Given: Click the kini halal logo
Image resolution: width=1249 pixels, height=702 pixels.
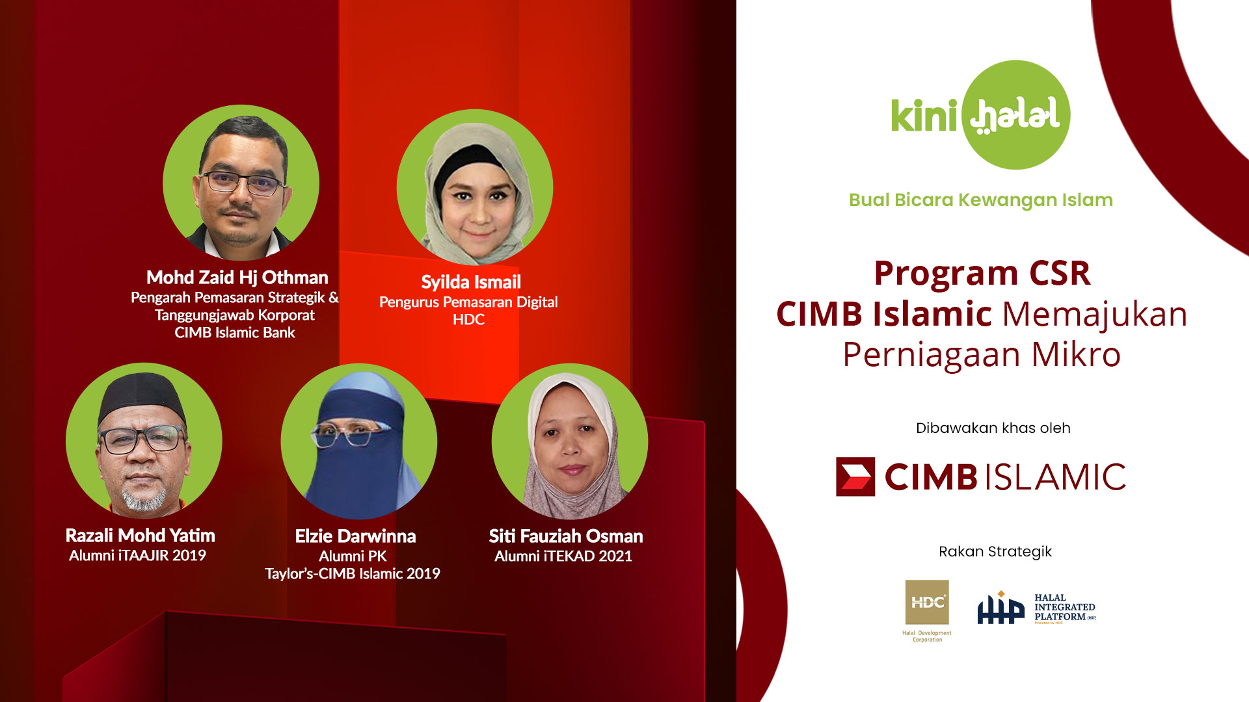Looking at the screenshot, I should pyautogui.click(x=980, y=115).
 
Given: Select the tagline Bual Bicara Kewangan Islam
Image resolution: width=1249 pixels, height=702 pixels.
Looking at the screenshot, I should pyautogui.click(x=980, y=200).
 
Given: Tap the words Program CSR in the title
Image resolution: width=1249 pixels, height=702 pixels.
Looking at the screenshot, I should pyautogui.click(x=982, y=273).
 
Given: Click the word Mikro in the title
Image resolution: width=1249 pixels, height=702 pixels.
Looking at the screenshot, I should pyautogui.click(x=1076, y=355).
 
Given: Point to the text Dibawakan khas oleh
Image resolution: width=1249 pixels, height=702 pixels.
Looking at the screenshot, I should pyautogui.click(x=993, y=428).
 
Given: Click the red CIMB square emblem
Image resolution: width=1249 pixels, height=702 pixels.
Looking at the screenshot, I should pyautogui.click(x=855, y=476).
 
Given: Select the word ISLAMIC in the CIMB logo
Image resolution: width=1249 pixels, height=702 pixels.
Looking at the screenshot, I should pyautogui.click(x=1055, y=477).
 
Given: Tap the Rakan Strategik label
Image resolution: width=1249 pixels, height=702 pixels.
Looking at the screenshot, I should pyautogui.click(x=995, y=551).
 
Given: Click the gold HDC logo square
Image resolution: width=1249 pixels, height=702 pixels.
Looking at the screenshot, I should pyautogui.click(x=926, y=602).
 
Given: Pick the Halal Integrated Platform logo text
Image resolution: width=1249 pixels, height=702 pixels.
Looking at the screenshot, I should pyautogui.click(x=1064, y=607).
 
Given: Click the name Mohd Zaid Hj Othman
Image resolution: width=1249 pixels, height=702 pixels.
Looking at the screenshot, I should pyautogui.click(x=237, y=278).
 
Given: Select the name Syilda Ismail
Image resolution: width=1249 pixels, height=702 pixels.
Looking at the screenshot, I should pyautogui.click(x=471, y=282).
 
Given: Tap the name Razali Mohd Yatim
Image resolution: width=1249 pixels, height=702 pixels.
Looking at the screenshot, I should pyautogui.click(x=140, y=536).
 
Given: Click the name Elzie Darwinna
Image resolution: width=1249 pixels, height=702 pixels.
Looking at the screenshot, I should pyautogui.click(x=355, y=536).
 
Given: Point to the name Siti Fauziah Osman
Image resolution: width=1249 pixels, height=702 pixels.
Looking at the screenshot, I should pyautogui.click(x=566, y=536).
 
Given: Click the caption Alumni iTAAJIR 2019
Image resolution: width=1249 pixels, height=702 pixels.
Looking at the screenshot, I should pyautogui.click(x=137, y=556).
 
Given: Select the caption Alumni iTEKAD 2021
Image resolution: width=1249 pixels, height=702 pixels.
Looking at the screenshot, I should pyautogui.click(x=563, y=556).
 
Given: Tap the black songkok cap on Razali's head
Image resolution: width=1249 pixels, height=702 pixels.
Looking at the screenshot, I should pyautogui.click(x=142, y=395).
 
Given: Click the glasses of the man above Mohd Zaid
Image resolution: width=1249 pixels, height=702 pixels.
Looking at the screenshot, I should pyautogui.click(x=242, y=183).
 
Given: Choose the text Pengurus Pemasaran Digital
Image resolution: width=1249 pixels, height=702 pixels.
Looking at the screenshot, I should pyautogui.click(x=468, y=302).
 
